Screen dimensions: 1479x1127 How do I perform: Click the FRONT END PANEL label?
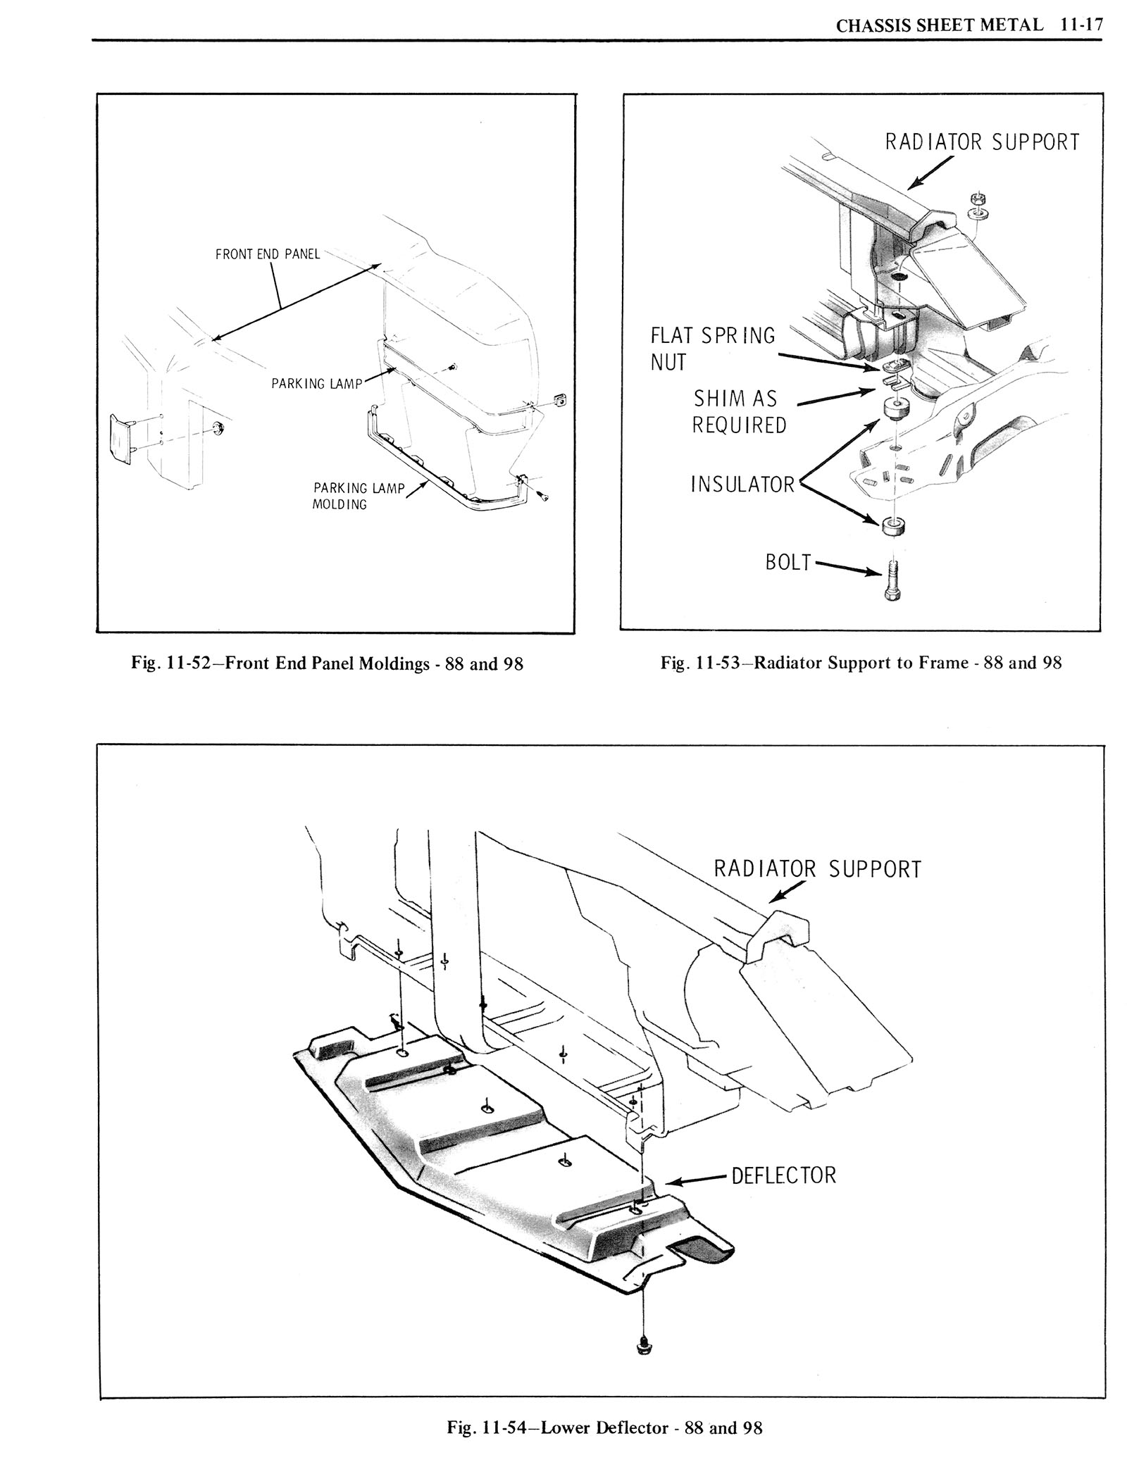(268, 254)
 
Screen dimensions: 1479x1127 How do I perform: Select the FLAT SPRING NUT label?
(712, 349)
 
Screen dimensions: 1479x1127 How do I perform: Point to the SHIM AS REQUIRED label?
(740, 412)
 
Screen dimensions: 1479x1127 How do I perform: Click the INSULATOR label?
(742, 485)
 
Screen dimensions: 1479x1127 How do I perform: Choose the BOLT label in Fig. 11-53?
(789, 563)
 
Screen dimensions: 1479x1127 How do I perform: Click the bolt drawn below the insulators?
(893, 582)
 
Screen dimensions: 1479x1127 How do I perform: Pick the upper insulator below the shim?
(895, 408)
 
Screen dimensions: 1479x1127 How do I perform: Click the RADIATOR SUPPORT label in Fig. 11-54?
(817, 869)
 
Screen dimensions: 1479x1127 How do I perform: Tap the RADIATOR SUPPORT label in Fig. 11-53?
(982, 142)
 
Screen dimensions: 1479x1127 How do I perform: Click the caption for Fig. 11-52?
(327, 663)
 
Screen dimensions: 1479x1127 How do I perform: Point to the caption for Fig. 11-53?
(861, 663)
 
